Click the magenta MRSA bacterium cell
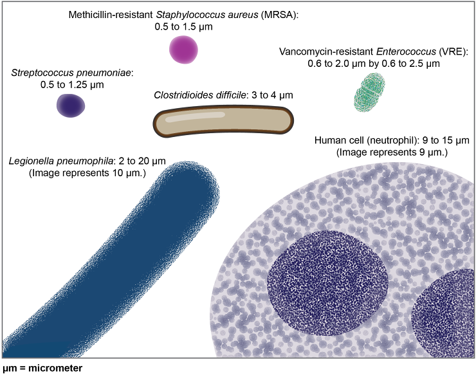pos(184,50)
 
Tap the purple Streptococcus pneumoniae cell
pos(71,105)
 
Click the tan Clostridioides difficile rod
pos(223,122)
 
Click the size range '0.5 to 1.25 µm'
pos(71,84)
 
